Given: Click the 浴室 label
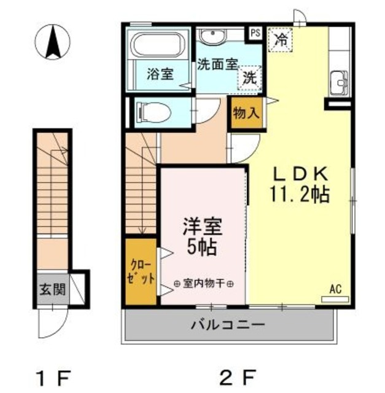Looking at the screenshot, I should coord(160,74).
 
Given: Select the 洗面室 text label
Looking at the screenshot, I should coord(216,64).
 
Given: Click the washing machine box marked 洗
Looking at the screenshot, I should coord(249,77).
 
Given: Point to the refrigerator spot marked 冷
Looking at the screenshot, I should coord(281,41).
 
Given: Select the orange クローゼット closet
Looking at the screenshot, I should coord(141,271).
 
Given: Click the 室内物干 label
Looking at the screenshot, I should coord(204,284).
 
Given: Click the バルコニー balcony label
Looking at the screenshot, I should coord(227,324).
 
